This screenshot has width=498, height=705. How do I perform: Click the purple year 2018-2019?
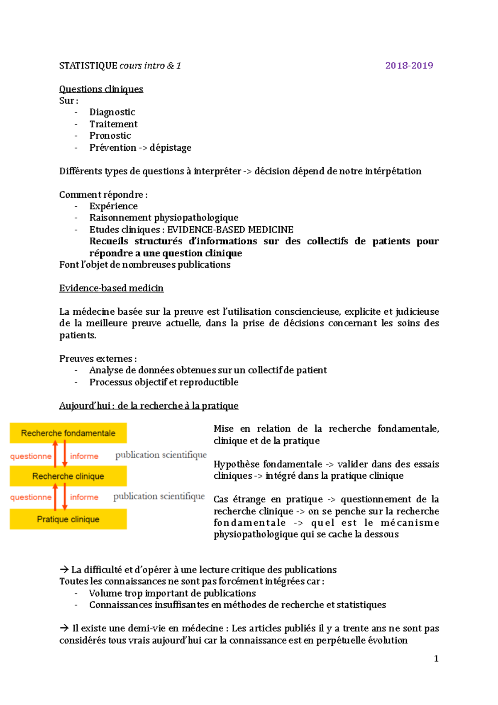pyautogui.click(x=409, y=66)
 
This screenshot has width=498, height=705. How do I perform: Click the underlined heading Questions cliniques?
pyautogui.click(x=101, y=89)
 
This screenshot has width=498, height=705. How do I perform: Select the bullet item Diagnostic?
pyautogui.click(x=112, y=112)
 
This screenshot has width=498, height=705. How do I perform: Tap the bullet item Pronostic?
pyautogui.click(x=110, y=136)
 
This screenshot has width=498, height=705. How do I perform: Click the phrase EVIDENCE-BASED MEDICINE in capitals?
pyautogui.click(x=230, y=230)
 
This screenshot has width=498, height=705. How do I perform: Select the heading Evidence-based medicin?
pyautogui.click(x=111, y=288)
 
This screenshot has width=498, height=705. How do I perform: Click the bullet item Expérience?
pyautogui.click(x=113, y=206)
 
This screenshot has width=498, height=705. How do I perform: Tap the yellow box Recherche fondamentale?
pyautogui.click(x=68, y=433)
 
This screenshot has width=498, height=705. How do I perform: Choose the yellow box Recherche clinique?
pyautogui.click(x=68, y=476)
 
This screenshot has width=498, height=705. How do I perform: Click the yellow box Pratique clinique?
pyautogui.click(x=68, y=519)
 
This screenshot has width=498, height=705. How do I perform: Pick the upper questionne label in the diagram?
pyautogui.click(x=31, y=456)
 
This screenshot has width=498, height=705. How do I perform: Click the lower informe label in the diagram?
pyautogui.click(x=84, y=497)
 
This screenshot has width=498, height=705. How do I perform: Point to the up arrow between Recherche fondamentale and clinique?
pyautogui.click(x=55, y=454)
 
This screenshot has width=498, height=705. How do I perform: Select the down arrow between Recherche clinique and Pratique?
pyautogui.click(x=65, y=497)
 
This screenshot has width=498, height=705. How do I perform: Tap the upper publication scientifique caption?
pyautogui.click(x=161, y=455)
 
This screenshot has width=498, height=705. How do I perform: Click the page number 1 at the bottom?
pyautogui.click(x=436, y=658)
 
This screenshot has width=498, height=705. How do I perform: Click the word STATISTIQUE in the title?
pyautogui.click(x=88, y=66)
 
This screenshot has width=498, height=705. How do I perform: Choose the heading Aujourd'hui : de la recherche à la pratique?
pyautogui.click(x=149, y=406)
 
